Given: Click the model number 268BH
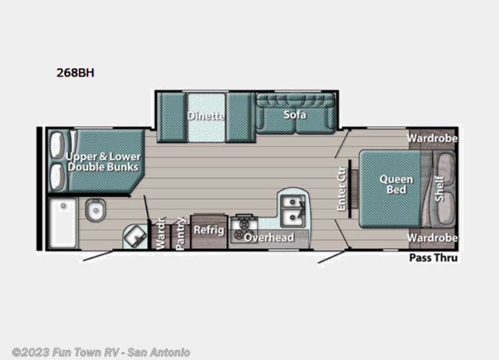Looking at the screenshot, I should click(x=75, y=73).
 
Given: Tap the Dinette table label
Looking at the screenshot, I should click(x=206, y=116).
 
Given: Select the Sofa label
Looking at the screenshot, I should click(x=295, y=114).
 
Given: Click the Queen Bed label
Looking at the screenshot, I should click(x=396, y=184).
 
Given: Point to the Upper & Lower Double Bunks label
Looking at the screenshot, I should click(x=103, y=161).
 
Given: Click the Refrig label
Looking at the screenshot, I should click(x=208, y=229).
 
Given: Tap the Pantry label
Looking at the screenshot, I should click(x=180, y=234).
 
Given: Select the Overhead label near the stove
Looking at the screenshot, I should click(x=269, y=237).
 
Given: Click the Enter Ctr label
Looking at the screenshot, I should click(x=342, y=190).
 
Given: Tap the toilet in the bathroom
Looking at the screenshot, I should click(x=95, y=209).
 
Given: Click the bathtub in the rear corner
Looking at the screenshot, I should click(x=62, y=223).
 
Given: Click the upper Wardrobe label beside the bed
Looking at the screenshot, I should click(x=432, y=138).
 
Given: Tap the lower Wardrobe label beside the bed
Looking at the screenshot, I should click(x=432, y=238).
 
